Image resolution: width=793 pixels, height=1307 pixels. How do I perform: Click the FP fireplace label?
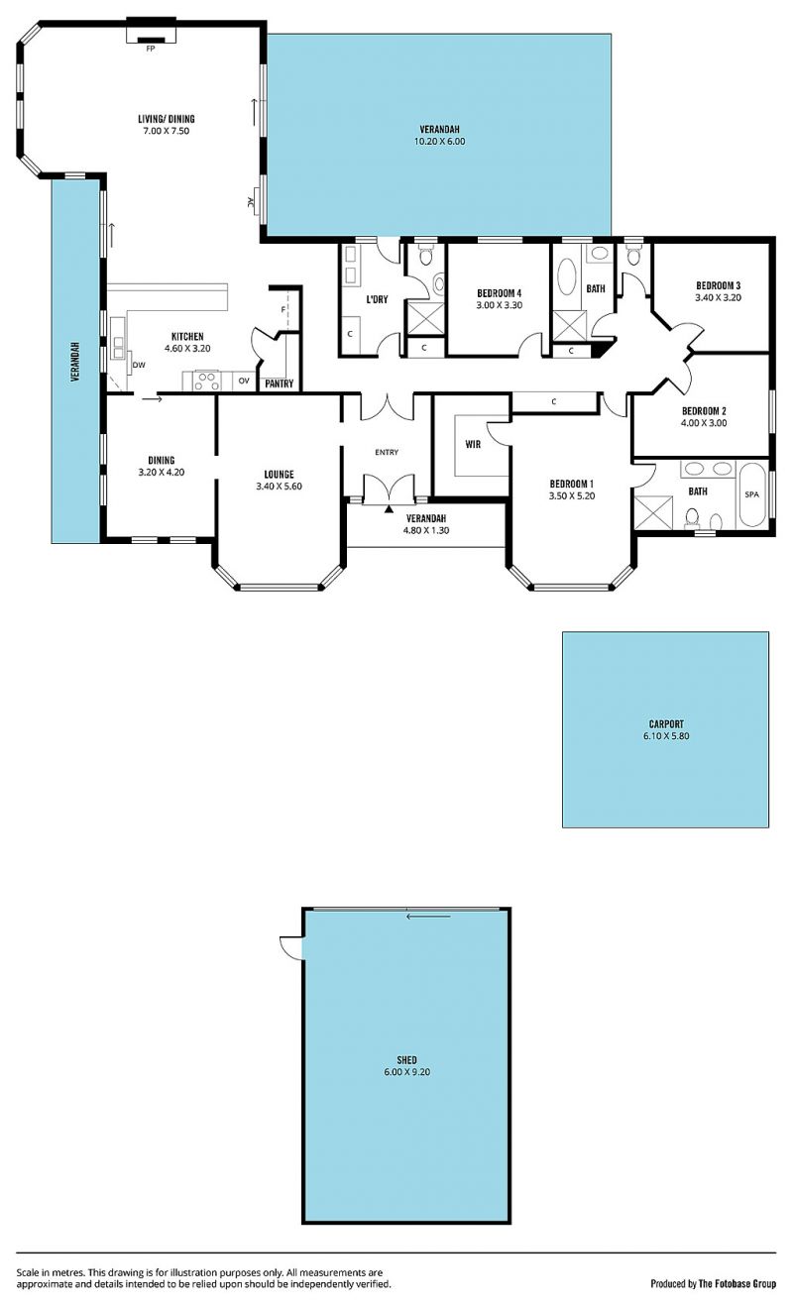tap(150, 49)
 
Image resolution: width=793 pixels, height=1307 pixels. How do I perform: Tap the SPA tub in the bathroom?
tap(751, 494)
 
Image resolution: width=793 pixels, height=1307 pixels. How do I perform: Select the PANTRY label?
tap(279, 383)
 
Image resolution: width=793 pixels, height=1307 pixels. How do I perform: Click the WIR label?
tap(473, 444)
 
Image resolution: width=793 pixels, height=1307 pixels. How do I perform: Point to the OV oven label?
tap(244, 381)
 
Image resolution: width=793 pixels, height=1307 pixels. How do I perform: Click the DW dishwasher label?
tap(139, 366)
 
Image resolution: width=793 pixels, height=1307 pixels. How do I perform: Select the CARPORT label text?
tap(666, 724)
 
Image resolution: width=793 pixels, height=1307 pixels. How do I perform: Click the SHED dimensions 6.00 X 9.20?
tap(406, 1072)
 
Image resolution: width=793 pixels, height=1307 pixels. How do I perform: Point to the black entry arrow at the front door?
tap(389, 509)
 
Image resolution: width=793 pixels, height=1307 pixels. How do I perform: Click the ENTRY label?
tap(387, 452)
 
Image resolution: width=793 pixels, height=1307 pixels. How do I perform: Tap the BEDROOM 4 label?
tap(499, 293)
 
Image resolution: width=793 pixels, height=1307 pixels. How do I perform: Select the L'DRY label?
tap(377, 299)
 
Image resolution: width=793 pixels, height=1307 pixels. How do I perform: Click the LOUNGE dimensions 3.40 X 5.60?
tap(279, 487)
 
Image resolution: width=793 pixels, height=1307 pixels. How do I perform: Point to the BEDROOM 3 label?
tap(718, 285)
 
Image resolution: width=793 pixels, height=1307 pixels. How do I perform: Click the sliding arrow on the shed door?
tap(428, 916)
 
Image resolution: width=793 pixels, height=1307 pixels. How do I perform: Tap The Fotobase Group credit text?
tap(736, 1283)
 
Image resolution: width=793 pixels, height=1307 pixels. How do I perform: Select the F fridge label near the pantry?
tap(283, 310)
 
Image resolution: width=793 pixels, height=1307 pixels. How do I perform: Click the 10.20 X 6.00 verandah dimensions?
tap(439, 141)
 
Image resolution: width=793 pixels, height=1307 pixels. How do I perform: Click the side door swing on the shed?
tap(290, 946)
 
